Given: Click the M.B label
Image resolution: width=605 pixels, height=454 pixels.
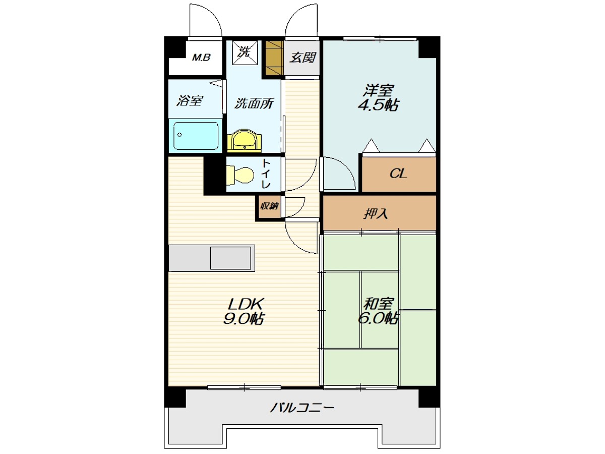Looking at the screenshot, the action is click(x=201, y=58).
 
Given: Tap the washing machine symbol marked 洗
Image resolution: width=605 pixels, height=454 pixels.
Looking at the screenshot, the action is click(x=245, y=52).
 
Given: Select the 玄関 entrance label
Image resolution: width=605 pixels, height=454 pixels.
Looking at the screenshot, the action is click(x=302, y=58).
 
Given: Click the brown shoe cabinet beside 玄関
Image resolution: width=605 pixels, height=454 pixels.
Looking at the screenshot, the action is click(x=275, y=58).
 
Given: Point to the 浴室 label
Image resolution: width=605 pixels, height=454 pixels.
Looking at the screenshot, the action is click(x=190, y=100).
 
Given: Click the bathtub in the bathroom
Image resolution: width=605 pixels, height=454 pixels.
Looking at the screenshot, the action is click(x=196, y=136).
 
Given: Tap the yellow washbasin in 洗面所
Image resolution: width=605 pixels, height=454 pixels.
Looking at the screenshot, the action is click(x=245, y=141).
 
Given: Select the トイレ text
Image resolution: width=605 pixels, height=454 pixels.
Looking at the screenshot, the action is click(x=266, y=174).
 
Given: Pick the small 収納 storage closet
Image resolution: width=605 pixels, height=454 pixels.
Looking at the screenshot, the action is click(x=270, y=206).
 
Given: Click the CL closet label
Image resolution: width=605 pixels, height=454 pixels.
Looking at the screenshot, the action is click(x=398, y=174).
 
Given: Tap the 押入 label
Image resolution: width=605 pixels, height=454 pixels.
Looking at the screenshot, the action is click(x=376, y=213).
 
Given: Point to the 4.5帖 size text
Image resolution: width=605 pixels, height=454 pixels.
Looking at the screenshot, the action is click(x=378, y=105).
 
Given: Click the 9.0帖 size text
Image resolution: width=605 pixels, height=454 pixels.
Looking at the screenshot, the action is click(x=243, y=319).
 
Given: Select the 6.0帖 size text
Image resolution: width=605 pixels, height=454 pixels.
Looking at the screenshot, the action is click(x=378, y=319).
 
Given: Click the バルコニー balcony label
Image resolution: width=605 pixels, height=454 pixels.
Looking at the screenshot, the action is click(x=302, y=408).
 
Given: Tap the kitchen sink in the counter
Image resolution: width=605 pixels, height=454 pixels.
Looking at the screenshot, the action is click(x=231, y=258).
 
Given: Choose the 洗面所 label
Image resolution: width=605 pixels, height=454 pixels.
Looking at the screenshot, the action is click(x=254, y=103).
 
